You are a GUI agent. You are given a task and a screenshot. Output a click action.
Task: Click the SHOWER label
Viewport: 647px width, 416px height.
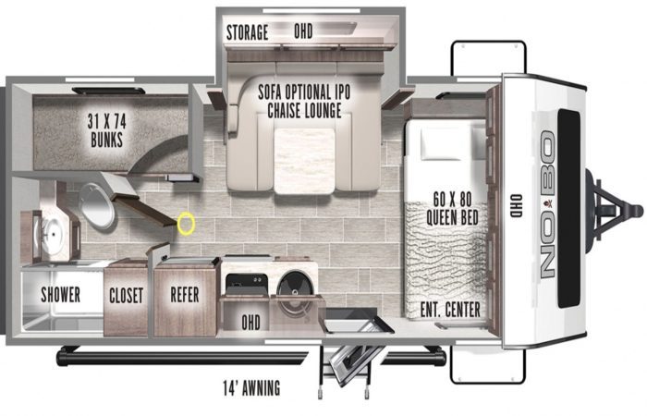[x=60, y=295]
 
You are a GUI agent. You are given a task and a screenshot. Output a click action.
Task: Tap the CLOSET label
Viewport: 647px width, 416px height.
[x=127, y=296]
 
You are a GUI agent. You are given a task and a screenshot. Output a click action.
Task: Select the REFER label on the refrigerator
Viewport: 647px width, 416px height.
[x=185, y=295]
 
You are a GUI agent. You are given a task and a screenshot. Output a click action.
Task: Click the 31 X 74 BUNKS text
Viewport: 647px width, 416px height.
[x=106, y=130]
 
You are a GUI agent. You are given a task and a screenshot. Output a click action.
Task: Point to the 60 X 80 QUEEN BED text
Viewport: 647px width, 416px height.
[x=452, y=209]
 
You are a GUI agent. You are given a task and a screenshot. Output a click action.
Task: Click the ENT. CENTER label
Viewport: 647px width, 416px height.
[x=450, y=310]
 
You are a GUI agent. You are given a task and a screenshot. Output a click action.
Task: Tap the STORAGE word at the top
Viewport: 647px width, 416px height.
[x=247, y=32]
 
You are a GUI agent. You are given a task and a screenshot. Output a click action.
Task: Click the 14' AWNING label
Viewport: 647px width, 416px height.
[x=251, y=388]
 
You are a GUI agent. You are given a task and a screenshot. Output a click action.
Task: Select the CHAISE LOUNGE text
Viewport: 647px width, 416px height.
[x=304, y=110]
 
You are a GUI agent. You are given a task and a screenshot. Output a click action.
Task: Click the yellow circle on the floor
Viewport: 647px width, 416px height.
[x=186, y=224]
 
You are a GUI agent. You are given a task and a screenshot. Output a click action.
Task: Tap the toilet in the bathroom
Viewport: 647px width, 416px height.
[x=97, y=205]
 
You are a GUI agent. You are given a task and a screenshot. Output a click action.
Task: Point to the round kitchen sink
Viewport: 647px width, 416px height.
[x=295, y=288]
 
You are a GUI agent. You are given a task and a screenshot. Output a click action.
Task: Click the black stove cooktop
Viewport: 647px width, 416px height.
[x=247, y=285]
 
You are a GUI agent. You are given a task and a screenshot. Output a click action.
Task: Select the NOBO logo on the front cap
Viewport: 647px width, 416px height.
[x=548, y=204]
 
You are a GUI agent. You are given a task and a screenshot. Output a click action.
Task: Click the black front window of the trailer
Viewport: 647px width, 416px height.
[x=569, y=208]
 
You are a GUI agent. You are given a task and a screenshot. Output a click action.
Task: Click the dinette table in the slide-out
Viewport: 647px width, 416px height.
[x=304, y=161]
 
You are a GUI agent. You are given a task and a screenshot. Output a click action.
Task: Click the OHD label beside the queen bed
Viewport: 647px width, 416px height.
[x=516, y=205]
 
